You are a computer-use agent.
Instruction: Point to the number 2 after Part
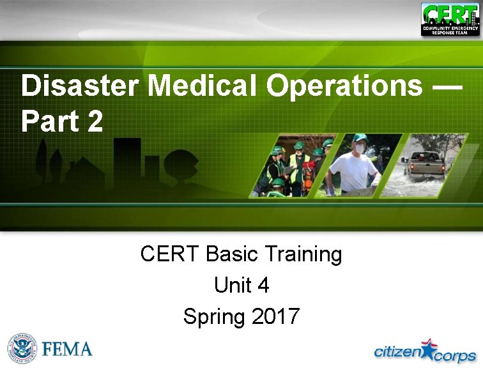95,121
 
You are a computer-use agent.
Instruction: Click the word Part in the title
49,121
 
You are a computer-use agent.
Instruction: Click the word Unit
233,285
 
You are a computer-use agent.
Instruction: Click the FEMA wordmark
68,349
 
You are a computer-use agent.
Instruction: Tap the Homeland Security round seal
22,349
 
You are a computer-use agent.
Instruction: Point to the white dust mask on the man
360,148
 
